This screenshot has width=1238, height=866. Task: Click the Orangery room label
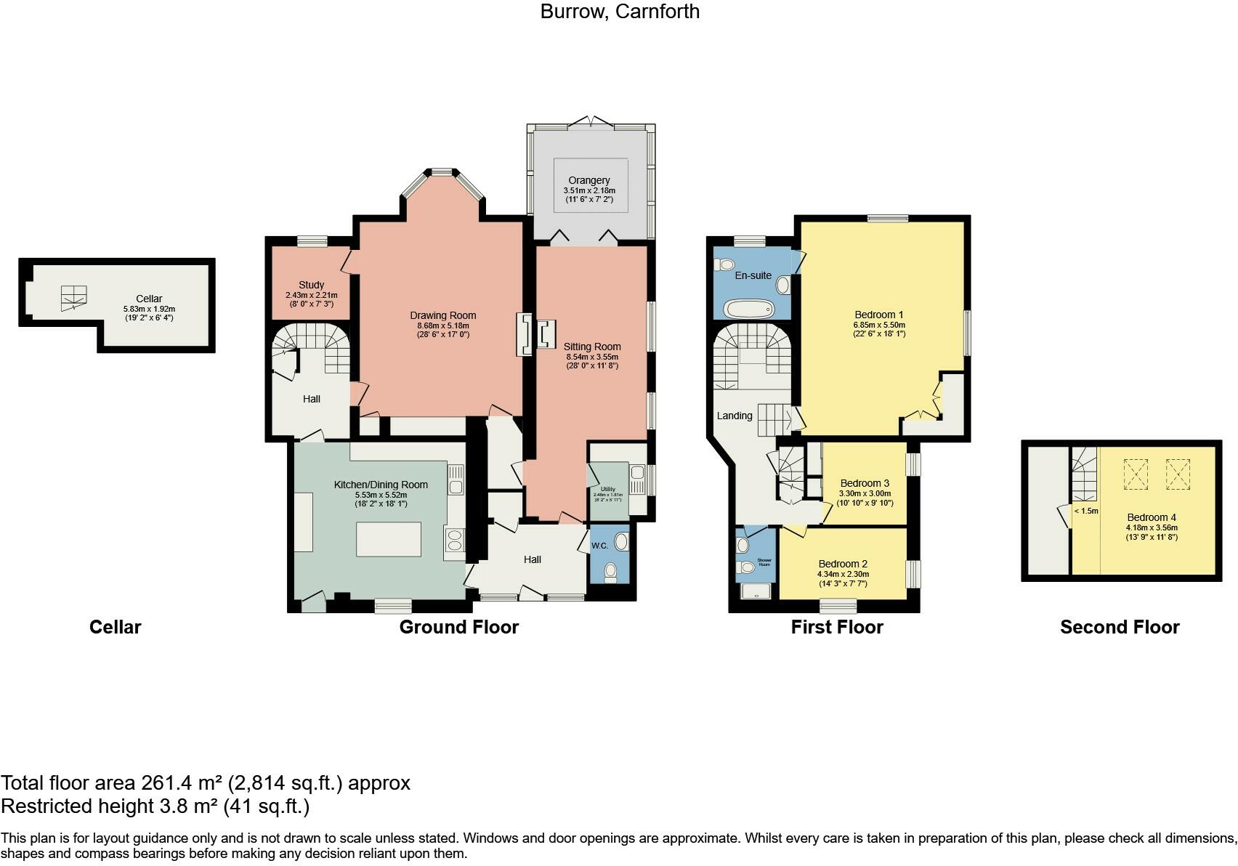(x=589, y=180)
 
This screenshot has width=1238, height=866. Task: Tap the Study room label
(x=311, y=285)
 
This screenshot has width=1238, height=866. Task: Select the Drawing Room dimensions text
(x=442, y=330)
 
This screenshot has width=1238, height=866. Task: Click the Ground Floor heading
(x=458, y=627)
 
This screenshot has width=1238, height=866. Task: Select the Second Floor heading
(x=1120, y=627)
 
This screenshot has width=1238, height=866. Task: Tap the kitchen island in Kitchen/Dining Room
(x=389, y=539)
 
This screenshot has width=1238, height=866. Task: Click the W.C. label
(x=599, y=546)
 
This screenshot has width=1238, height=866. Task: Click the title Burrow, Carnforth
(x=619, y=12)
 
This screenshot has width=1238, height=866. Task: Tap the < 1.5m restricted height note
(x=1086, y=511)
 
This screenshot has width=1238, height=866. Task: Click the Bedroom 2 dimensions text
(x=843, y=578)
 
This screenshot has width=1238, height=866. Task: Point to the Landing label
(x=735, y=416)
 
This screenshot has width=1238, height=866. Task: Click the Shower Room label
(x=764, y=562)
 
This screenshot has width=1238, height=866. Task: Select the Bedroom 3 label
(x=865, y=483)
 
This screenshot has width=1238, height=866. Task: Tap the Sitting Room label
(x=592, y=347)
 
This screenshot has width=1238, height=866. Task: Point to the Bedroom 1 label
(x=879, y=315)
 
